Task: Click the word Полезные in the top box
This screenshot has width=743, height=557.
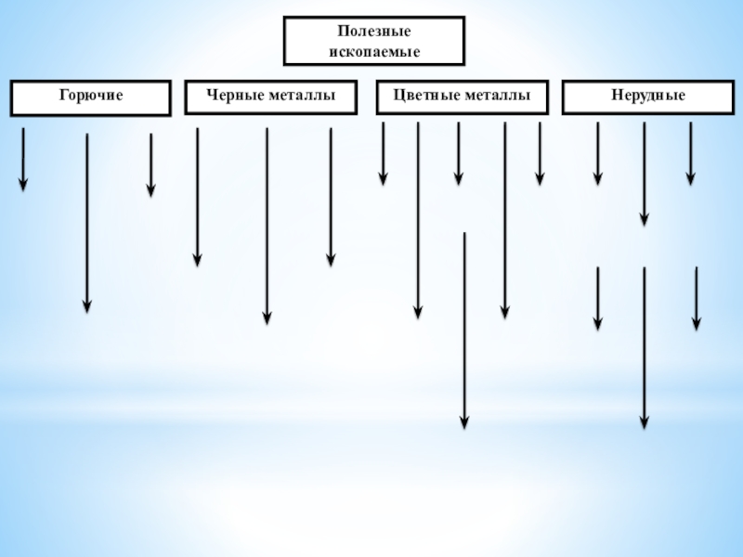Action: [374, 32]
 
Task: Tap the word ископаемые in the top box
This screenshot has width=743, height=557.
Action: [374, 51]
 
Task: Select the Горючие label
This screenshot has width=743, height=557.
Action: [91, 96]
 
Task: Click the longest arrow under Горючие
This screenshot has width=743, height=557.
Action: [87, 223]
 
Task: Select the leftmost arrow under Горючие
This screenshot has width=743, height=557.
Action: [23, 160]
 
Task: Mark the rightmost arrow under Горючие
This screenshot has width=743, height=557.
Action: [150, 165]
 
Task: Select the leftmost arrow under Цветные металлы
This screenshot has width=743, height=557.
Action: [383, 153]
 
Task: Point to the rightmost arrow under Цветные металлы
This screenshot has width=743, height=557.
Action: [540, 153]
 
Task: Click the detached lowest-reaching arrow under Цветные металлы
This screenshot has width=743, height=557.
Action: [464, 330]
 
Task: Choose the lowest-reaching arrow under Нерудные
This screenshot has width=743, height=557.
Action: [644, 348]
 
